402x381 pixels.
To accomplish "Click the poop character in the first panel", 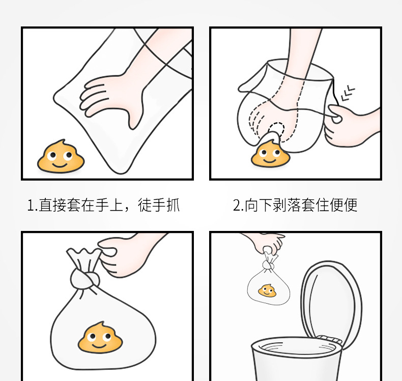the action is [x=61, y=156].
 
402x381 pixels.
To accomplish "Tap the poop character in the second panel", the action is [x=270, y=154].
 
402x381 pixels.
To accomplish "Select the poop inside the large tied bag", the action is [x=100, y=337].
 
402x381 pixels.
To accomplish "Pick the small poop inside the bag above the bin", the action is [x=267, y=291].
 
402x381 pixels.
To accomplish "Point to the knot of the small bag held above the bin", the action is [x=268, y=265].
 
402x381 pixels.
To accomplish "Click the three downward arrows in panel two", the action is [x=348, y=93].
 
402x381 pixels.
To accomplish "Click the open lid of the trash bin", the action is [x=331, y=301].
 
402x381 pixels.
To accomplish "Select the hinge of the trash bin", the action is [x=329, y=339].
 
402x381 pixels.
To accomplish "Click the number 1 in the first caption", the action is [x=31, y=206].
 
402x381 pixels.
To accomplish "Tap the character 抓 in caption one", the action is [x=173, y=205].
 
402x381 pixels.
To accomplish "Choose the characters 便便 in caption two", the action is [x=343, y=205].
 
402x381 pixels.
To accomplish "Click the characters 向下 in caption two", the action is [x=258, y=205].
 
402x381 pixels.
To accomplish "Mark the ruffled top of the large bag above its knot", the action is [x=84, y=258].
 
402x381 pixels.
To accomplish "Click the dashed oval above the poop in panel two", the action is [x=276, y=131].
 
